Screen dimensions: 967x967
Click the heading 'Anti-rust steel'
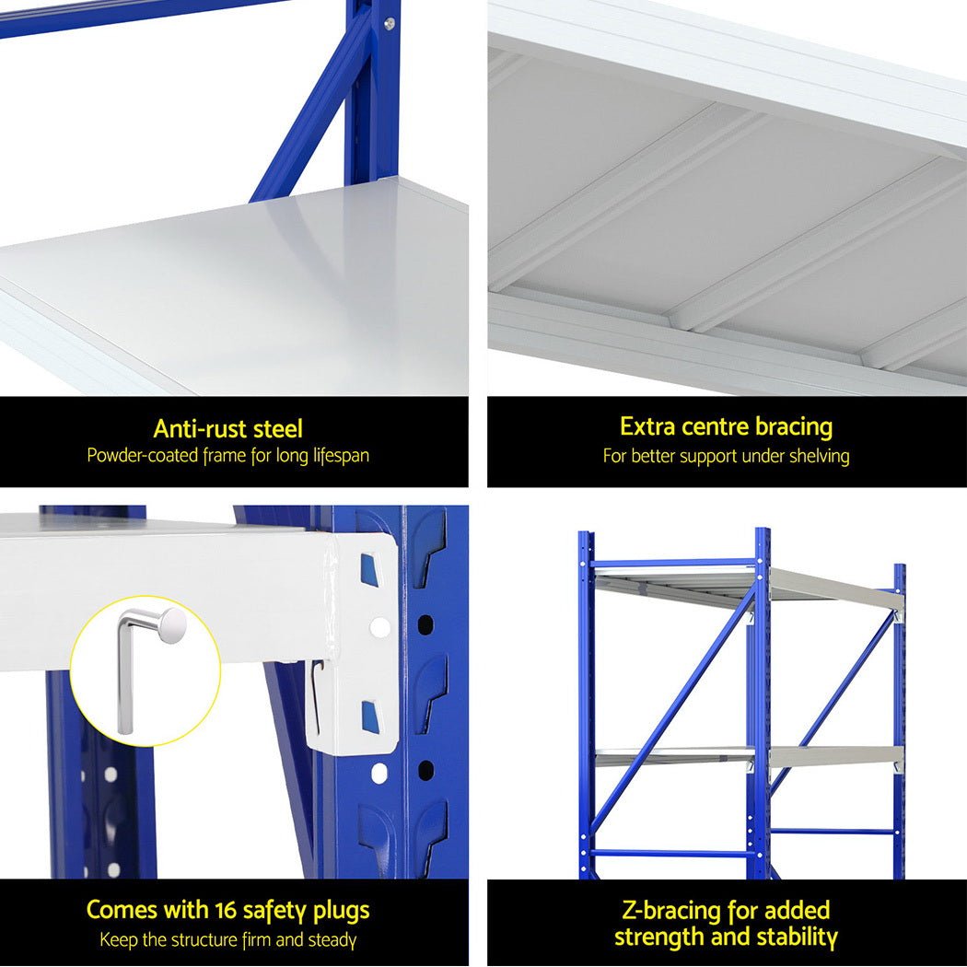click(x=227, y=428)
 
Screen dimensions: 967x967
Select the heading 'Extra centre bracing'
click(x=726, y=426)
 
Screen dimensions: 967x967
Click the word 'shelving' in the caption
click(x=819, y=456)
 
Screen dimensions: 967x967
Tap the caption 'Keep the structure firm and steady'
click(x=227, y=940)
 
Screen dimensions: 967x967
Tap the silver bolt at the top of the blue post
click(x=389, y=23)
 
